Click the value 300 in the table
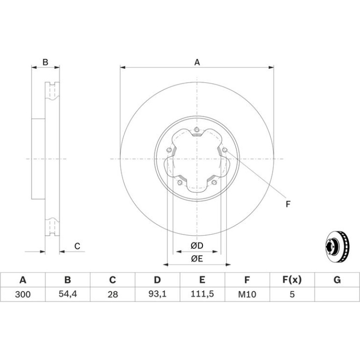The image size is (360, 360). click(23, 294)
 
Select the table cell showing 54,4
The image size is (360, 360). click(68, 294)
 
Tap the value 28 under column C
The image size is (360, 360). click(113, 294)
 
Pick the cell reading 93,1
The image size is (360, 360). click(157, 294)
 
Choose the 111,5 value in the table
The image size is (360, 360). click(202, 294)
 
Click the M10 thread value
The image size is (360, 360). click(247, 294)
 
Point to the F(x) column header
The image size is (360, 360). click(292, 280)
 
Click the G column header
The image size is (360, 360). click(337, 280)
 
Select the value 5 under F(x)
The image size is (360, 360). click(292, 294)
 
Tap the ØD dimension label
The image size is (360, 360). click(197, 245)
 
